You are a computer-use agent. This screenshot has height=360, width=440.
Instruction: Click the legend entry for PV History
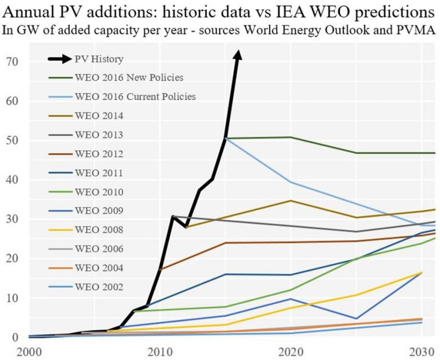pos(99,58)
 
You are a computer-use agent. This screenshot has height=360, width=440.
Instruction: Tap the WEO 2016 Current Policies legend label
pos(135,96)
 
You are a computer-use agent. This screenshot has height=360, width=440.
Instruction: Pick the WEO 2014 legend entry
pos(98,115)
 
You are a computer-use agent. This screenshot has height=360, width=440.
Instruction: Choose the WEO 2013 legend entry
pos(98,135)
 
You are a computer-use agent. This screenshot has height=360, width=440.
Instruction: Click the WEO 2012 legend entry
pos(98,154)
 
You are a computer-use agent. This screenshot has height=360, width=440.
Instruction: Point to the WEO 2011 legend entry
pos(98,173)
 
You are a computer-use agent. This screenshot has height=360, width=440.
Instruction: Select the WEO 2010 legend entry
pos(98,191)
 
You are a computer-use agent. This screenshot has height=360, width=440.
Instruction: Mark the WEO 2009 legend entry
pos(98,210)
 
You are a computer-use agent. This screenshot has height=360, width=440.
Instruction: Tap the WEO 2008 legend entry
pos(98,229)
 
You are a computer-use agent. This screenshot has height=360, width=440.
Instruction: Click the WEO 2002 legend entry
pos(98,286)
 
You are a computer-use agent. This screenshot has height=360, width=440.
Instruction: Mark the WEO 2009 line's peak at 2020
pos(292,299)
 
